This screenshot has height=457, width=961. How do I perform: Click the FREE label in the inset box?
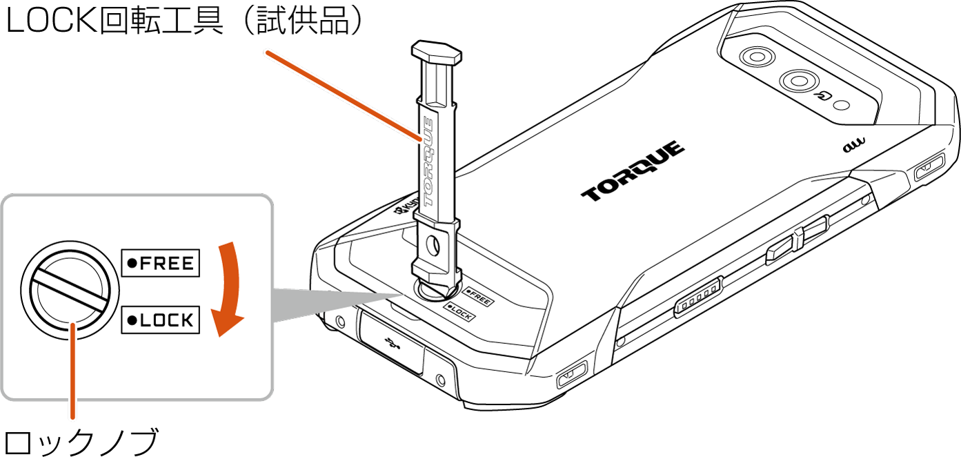click(161, 262)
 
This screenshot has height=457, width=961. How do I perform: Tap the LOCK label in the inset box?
click(161, 320)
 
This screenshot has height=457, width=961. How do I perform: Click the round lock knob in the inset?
click(70, 291)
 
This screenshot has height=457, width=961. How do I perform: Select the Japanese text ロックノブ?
click(81, 442)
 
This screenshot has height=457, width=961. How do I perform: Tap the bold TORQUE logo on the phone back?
click(633, 171)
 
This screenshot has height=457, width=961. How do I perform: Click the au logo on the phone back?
click(854, 145)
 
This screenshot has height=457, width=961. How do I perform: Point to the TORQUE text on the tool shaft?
click(428, 162)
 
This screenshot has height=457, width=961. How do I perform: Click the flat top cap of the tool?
click(437, 52)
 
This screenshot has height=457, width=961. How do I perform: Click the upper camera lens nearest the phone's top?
click(757, 57)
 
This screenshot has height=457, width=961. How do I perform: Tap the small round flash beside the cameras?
click(843, 106)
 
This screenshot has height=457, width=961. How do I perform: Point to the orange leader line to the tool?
click(344, 96)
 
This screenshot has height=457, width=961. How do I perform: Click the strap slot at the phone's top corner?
click(929, 166)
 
